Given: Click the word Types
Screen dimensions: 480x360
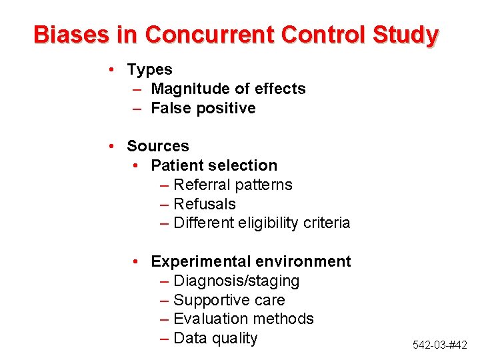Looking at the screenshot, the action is pos(149,69).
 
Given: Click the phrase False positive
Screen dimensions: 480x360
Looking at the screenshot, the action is pos(203,108).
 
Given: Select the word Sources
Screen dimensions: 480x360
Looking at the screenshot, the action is pos(158,146).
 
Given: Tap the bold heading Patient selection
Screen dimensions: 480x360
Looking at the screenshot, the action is pos(214,165).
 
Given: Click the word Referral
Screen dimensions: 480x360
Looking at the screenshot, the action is pos(199,185).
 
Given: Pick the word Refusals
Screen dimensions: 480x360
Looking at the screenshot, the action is pos(205,204).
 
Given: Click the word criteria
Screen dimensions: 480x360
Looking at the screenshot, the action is pos(328,223).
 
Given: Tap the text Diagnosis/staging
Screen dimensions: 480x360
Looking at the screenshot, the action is pos(237,281).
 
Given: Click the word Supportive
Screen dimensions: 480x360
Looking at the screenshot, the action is pos(208,300).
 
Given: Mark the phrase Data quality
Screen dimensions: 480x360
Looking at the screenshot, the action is pos(215,339).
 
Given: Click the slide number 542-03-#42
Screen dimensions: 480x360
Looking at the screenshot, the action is pos(440,345).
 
